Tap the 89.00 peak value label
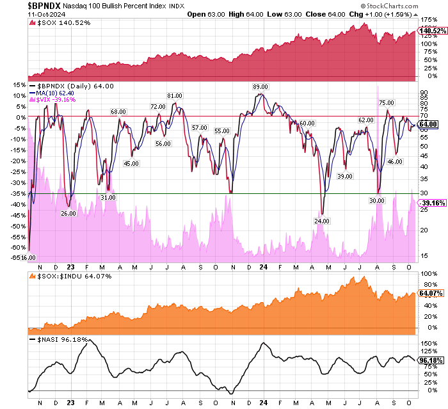tap(260, 87)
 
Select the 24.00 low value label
tap(321, 221)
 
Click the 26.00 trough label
tap(68, 213)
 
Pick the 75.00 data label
tap(386, 102)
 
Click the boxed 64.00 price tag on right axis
tap(428, 124)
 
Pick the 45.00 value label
tap(131, 164)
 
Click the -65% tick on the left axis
tap(17, 257)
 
